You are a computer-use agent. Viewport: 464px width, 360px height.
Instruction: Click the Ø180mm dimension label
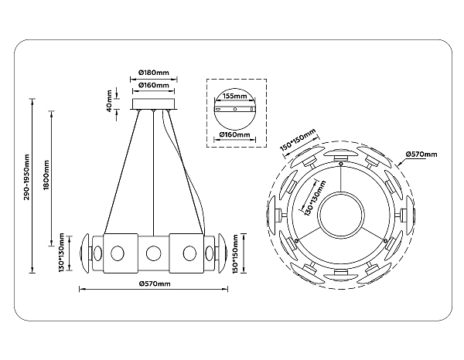(x=154, y=72)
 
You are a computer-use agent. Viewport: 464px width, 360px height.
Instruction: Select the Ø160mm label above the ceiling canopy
(x=154, y=85)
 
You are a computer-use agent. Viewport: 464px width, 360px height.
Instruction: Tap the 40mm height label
(x=109, y=100)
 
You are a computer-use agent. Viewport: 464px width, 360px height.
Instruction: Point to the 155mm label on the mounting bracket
(x=234, y=96)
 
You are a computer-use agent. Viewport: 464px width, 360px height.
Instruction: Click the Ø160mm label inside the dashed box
(x=234, y=134)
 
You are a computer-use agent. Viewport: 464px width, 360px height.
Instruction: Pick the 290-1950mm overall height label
(x=27, y=177)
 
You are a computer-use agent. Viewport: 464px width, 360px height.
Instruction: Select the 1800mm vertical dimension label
(x=46, y=175)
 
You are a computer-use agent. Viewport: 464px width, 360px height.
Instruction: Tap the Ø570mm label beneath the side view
(x=155, y=284)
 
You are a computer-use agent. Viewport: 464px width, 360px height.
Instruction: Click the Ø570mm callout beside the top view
(x=421, y=154)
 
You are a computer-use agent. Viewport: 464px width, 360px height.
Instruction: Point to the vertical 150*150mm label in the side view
(x=236, y=254)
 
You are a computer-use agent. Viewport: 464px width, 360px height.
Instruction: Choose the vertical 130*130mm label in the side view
(x=61, y=253)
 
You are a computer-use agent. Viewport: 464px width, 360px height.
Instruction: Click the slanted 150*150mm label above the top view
(x=298, y=140)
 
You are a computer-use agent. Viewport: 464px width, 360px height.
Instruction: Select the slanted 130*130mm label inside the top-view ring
(x=315, y=199)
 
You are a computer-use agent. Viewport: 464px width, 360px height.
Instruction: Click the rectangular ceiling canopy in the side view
(x=154, y=104)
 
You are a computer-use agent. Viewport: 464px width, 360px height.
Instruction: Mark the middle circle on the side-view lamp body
(x=154, y=253)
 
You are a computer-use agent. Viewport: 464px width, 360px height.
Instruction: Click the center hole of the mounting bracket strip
(x=234, y=109)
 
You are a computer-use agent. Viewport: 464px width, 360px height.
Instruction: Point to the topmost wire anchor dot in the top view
(x=341, y=164)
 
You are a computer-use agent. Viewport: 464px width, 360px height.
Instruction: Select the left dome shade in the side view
(x=84, y=253)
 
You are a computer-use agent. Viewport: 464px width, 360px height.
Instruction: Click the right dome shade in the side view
(x=222, y=253)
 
